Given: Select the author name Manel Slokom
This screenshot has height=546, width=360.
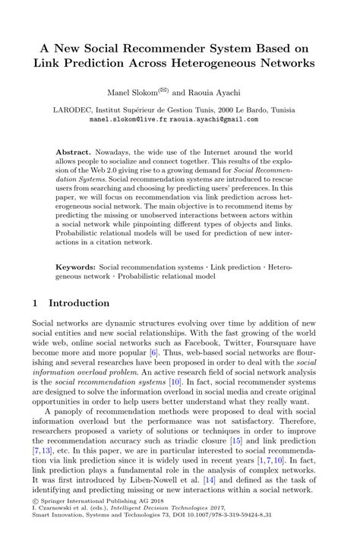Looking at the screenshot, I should tap(135, 92).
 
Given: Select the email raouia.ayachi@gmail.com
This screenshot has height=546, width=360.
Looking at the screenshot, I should tap(214, 119).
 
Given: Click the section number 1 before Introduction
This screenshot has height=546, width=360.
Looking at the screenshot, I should tap(36, 303).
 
